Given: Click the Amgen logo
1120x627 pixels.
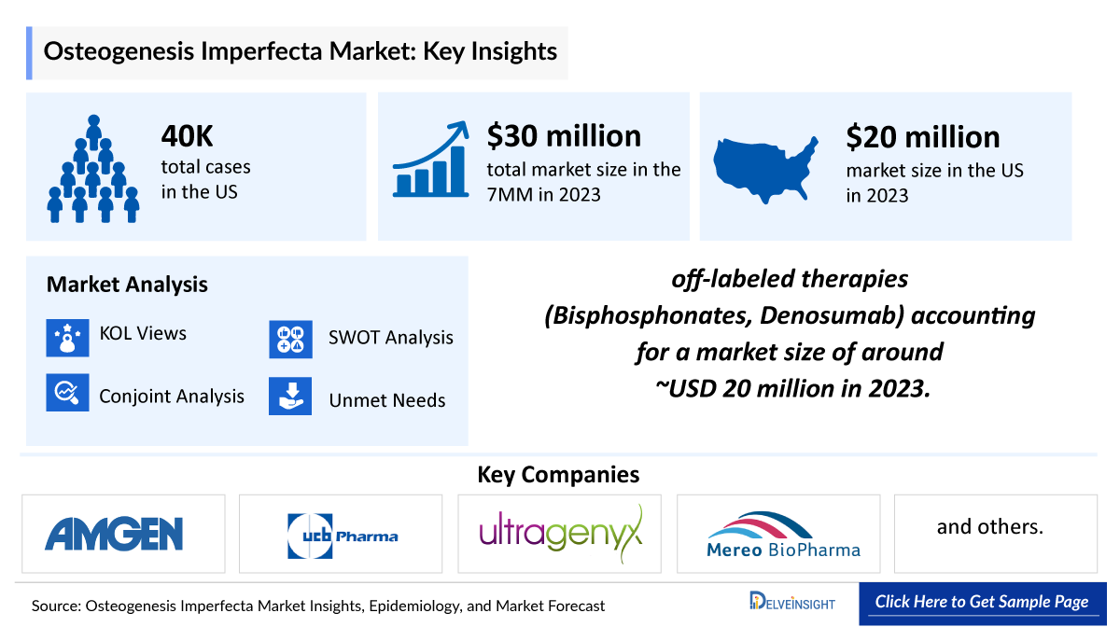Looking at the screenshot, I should [x=114, y=533].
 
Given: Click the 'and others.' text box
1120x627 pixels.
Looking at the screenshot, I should [x=989, y=527].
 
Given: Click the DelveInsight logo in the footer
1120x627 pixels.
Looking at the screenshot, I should [x=792, y=602].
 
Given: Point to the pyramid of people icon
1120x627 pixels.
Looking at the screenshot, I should [x=93, y=169].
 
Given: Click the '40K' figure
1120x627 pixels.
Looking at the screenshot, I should [x=188, y=137].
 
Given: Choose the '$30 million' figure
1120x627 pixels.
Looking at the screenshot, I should [x=563, y=136].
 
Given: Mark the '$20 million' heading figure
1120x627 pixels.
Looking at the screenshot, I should [x=922, y=137].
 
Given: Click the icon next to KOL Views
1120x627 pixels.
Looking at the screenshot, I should [x=67, y=337].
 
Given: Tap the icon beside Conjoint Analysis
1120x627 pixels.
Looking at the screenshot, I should [x=67, y=395].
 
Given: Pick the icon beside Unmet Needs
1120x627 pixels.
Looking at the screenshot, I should [x=290, y=396].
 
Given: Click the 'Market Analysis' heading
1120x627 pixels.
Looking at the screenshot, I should [x=127, y=285].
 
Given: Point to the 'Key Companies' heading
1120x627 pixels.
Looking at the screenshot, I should [x=558, y=474].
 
